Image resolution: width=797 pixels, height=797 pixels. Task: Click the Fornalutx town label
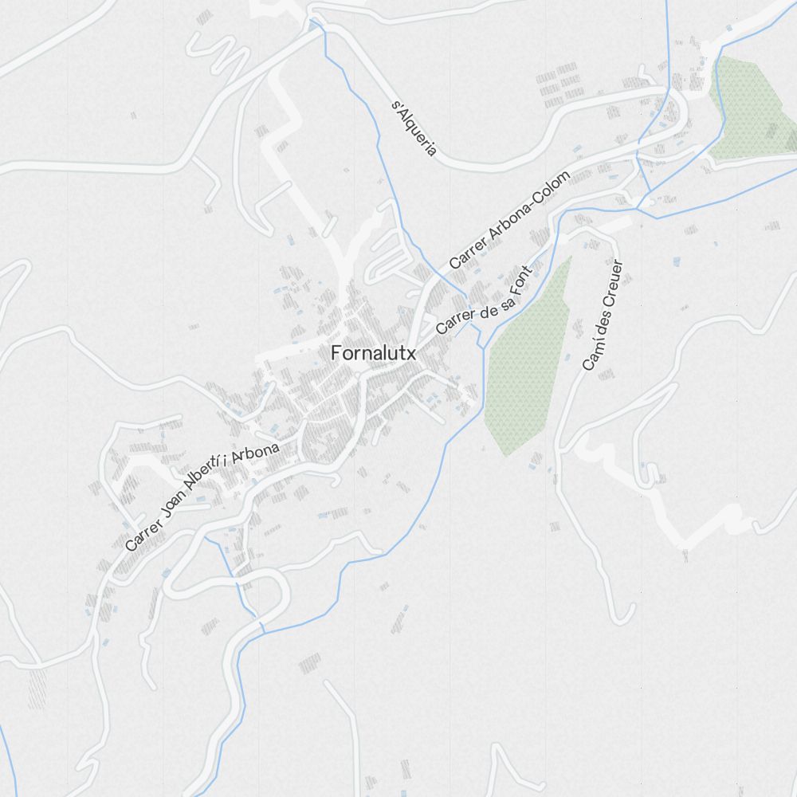pos(373,353)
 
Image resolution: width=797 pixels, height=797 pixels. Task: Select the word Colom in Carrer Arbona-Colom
pos(551,192)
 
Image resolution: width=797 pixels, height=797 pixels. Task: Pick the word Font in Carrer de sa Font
pos(519,279)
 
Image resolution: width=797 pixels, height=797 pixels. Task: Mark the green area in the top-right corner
pos(753,108)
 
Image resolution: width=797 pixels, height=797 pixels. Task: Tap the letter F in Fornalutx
pos(336,353)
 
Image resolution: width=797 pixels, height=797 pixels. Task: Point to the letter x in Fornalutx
pos(410,355)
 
